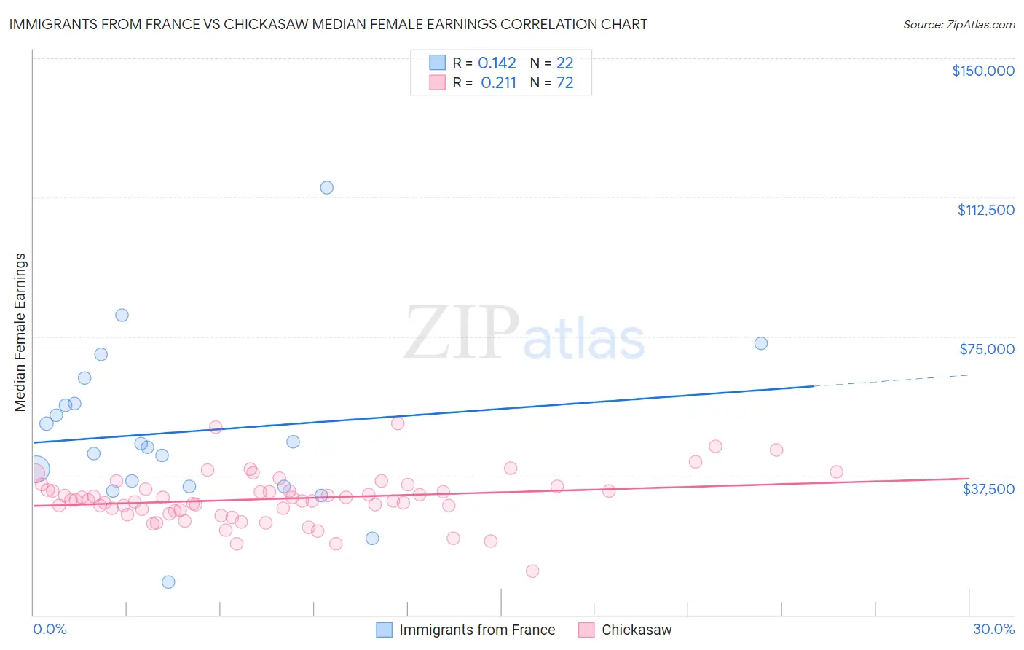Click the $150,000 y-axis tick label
(x=982, y=71)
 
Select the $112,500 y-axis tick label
(x=985, y=210)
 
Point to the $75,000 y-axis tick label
(x=986, y=349)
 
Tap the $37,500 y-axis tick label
(x=988, y=489)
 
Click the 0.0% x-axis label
(x=50, y=630)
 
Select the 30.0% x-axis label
(x=993, y=630)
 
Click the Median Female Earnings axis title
(x=20, y=332)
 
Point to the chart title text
(x=328, y=25)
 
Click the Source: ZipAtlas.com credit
(x=958, y=25)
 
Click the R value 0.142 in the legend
(x=497, y=63)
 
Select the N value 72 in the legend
(x=564, y=83)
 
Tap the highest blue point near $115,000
(x=327, y=188)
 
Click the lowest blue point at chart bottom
(x=168, y=582)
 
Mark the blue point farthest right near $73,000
(x=761, y=343)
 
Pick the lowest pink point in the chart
(x=532, y=571)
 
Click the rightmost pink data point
(x=836, y=472)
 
